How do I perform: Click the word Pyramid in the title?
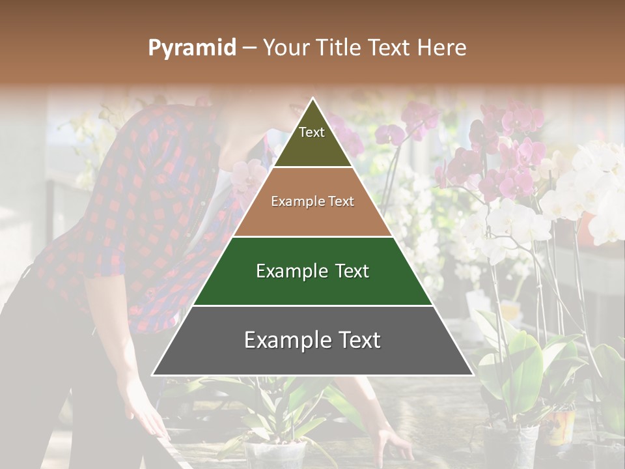[x=192, y=48]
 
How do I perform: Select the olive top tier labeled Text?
[x=312, y=140]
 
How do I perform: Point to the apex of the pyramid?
[x=312, y=99]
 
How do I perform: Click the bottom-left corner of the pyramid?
[x=153, y=375]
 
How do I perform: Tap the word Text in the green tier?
[x=352, y=271]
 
